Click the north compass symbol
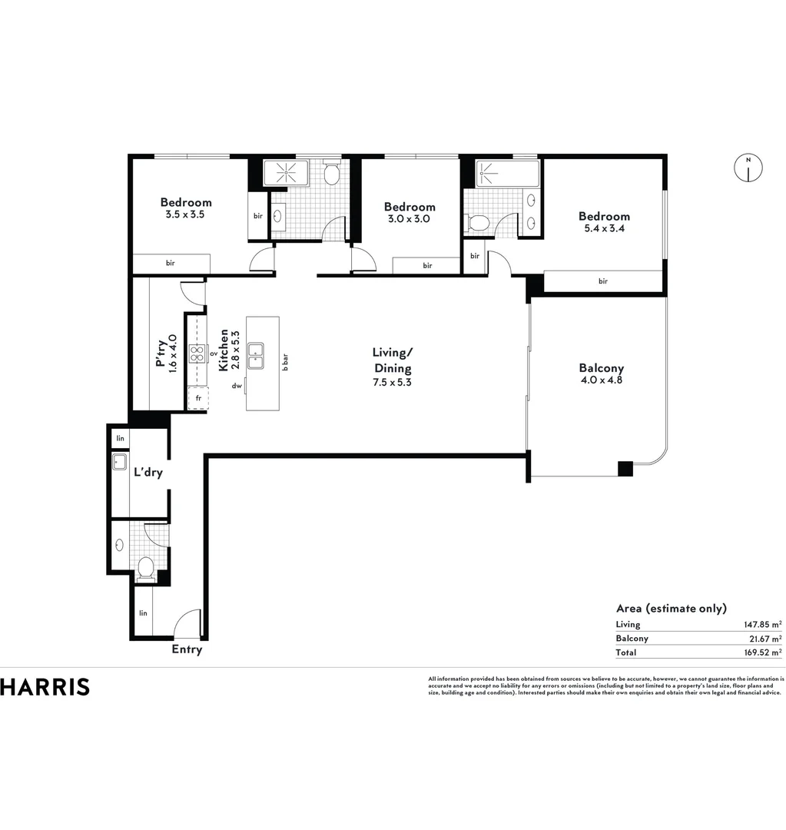click(748, 168)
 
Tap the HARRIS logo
click(45, 686)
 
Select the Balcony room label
click(601, 368)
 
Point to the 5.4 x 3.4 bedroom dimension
click(604, 228)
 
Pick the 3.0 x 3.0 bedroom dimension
click(410, 218)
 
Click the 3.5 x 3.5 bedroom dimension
click(185, 214)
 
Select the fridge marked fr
click(197, 398)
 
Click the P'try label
click(161, 356)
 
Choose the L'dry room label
click(148, 473)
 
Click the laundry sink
click(121, 462)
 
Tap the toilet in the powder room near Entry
click(145, 567)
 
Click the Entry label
click(187, 649)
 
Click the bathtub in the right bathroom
click(496, 174)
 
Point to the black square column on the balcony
click(625, 467)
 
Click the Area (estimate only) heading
click(671, 608)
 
